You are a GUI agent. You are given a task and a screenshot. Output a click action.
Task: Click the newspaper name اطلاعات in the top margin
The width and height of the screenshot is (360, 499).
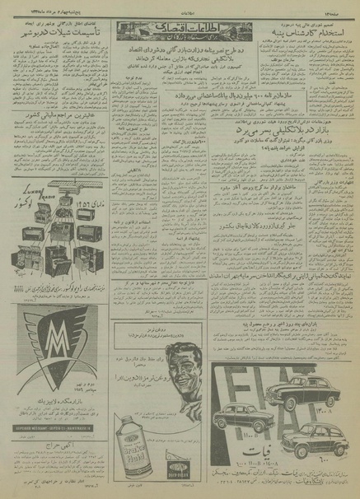tap(179, 7)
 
